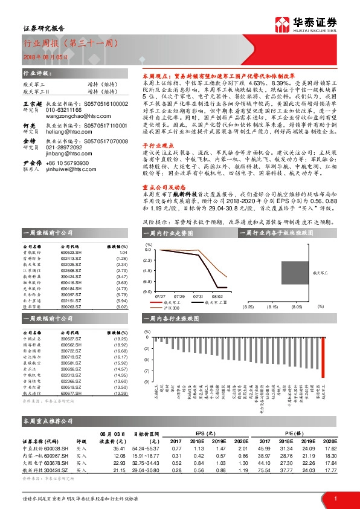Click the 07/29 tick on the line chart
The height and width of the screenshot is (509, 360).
[179, 297]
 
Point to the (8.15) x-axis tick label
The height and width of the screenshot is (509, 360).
[272, 307]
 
